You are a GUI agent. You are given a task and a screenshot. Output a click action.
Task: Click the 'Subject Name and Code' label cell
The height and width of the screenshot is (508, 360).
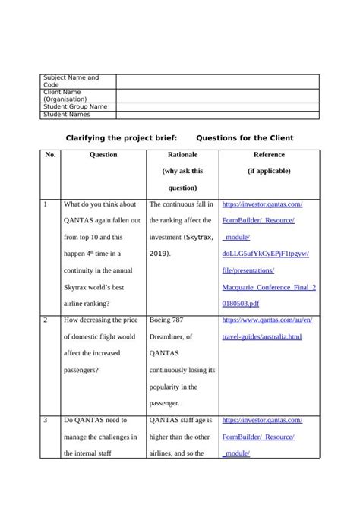click(71, 81)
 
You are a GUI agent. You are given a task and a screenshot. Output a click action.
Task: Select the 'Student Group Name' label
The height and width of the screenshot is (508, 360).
click(75, 107)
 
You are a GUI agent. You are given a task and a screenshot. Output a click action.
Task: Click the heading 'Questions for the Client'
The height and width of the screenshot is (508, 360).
click(245, 138)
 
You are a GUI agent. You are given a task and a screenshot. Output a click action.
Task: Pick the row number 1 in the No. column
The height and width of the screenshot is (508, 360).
click(46, 204)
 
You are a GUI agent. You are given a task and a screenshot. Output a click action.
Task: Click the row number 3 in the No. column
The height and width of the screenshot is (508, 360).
click(46, 420)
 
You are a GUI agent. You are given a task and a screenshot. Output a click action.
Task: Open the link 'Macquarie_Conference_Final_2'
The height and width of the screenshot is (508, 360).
click(268, 288)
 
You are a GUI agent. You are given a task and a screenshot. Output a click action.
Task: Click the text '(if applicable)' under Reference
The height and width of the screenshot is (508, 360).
click(269, 172)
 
